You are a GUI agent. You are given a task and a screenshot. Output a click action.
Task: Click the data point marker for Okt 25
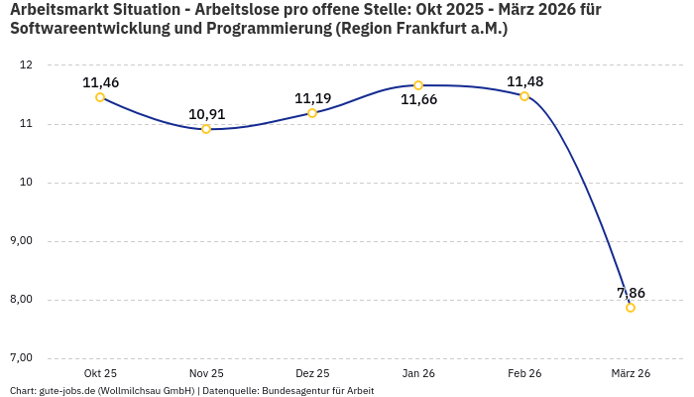(100, 97)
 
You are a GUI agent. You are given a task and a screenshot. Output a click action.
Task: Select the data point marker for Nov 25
(206, 129)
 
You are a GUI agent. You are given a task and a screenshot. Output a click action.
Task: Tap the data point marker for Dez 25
(312, 113)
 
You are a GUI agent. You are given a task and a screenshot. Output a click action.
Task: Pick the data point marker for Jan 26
(418, 85)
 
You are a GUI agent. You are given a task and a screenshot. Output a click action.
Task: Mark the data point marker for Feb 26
(524, 96)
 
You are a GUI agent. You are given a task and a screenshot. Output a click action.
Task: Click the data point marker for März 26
(631, 308)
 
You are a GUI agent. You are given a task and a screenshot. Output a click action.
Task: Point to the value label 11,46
(100, 82)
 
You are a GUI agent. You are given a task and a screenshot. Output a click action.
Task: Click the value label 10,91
(206, 114)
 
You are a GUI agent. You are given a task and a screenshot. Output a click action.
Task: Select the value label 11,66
(418, 100)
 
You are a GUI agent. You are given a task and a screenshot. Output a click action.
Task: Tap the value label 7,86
(631, 293)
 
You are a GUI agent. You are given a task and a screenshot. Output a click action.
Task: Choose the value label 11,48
(524, 81)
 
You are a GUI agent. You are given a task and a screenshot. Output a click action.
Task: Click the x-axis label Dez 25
(312, 373)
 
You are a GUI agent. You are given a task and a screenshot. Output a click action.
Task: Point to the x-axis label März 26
(631, 373)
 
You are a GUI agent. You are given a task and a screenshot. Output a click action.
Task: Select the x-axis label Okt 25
(100, 373)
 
